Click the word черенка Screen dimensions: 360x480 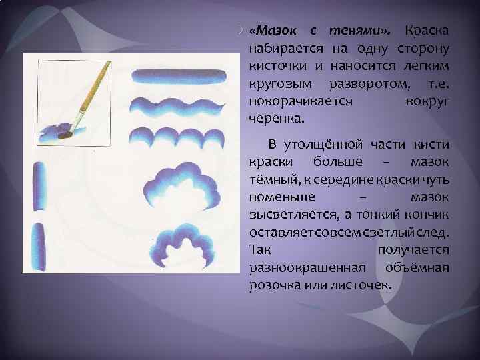(x=275, y=118)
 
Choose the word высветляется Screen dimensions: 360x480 (x=289, y=213)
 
